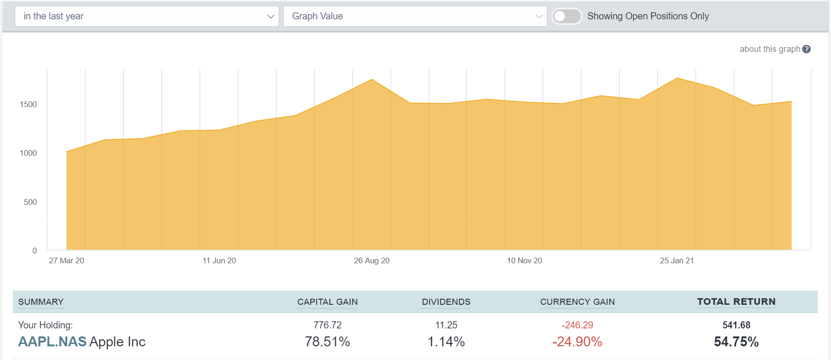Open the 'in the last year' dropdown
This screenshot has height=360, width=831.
(147, 16)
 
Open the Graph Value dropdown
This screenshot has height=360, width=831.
(415, 16)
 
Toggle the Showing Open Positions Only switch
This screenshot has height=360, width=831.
(566, 16)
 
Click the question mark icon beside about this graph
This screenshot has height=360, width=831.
(806, 49)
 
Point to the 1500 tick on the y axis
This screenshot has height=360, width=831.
(28, 104)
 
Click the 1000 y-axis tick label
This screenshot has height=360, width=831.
(28, 153)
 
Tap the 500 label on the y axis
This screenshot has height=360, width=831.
(30, 202)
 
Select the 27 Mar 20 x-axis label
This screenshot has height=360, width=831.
(66, 260)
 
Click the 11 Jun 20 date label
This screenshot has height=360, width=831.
(219, 260)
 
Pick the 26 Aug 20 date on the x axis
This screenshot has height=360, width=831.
(372, 260)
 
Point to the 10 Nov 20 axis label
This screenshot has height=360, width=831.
(524, 260)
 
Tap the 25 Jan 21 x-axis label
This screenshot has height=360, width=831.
(677, 260)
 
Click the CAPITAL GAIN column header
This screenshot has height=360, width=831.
(327, 302)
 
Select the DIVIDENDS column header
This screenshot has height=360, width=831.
(446, 302)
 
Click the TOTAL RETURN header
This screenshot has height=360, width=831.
(736, 301)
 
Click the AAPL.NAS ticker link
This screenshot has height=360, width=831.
(52, 342)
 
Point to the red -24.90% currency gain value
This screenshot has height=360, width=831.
(577, 342)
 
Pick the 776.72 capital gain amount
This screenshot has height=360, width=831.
(327, 325)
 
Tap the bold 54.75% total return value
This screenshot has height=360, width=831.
(736, 342)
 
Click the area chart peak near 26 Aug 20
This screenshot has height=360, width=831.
(372, 80)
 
